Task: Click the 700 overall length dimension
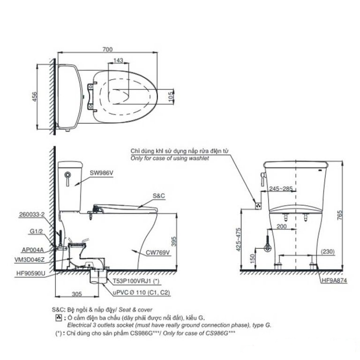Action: pyautogui.click(x=107, y=49)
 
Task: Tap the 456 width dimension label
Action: pyautogui.click(x=34, y=97)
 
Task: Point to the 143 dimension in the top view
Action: pyautogui.click(x=119, y=60)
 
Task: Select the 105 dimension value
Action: pyautogui.click(x=171, y=97)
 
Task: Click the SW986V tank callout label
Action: pyautogui.click(x=101, y=173)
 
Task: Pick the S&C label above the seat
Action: pyautogui.click(x=159, y=196)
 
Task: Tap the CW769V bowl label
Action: pyautogui.click(x=158, y=253)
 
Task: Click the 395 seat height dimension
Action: pyautogui.click(x=174, y=241)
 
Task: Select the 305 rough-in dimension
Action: pyautogui.click(x=77, y=294)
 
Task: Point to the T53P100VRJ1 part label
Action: pyautogui.click(x=136, y=281)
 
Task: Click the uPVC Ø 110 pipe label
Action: pyautogui.click(x=142, y=292)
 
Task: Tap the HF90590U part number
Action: pyautogui.click(x=31, y=273)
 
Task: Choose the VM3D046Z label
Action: pyautogui.click(x=30, y=260)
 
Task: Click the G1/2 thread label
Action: pyautogui.click(x=36, y=232)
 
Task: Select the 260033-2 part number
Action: pyautogui.click(x=32, y=214)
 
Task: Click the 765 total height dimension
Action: pyautogui.click(x=339, y=215)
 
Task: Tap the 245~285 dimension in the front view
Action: pyautogui.click(x=281, y=189)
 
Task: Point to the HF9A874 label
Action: pyautogui.click(x=334, y=280)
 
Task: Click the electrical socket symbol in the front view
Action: pyautogui.click(x=259, y=206)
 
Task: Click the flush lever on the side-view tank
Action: pyautogui.click(x=67, y=179)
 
